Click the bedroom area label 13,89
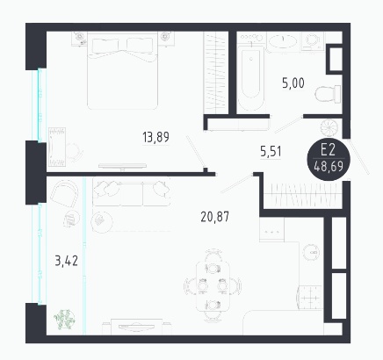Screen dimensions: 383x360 click(155, 137)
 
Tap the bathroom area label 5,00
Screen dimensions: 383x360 click(293, 83)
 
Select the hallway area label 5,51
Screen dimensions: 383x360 click(271, 152)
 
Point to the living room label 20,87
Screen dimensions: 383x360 click(215, 217)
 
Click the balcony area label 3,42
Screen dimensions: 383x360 click(67, 261)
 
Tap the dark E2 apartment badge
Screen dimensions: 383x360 click(329, 159)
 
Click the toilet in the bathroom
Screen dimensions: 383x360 click(328, 94)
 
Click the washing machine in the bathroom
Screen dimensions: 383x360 click(313, 41)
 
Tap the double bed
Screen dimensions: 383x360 click(122, 70)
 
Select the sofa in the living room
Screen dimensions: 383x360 click(132, 191)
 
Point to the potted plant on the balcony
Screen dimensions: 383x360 click(64, 319)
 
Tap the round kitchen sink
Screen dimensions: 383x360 click(312, 252)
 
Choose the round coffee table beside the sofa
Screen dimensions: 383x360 click(102, 221)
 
